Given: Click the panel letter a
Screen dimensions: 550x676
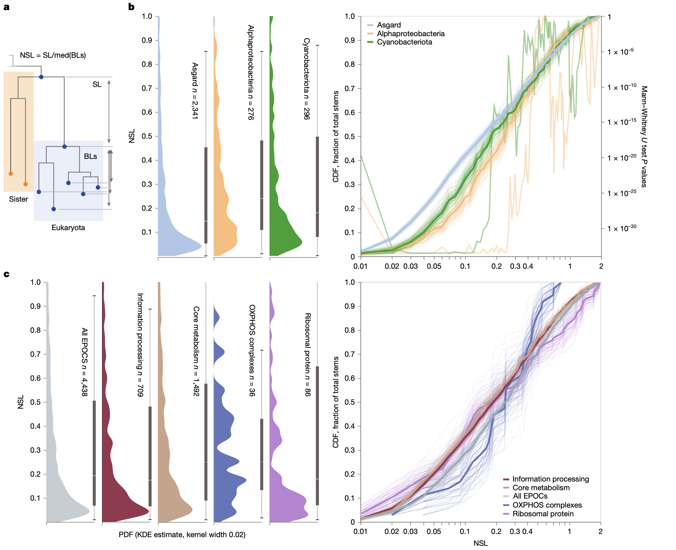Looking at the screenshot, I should pyautogui.click(x=6, y=7).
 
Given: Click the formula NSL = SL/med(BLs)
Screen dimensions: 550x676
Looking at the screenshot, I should pyautogui.click(x=53, y=55).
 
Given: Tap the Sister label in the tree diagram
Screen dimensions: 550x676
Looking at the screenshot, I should pyautogui.click(x=18, y=199).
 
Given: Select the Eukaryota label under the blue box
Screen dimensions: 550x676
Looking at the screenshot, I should pyautogui.click(x=68, y=228).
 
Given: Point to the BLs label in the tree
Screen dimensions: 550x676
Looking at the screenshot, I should pyautogui.click(x=90, y=156).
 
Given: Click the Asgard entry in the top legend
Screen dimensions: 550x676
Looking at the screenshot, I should pyautogui.click(x=389, y=25).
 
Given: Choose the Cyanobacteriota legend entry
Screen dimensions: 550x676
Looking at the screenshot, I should pyautogui.click(x=404, y=42).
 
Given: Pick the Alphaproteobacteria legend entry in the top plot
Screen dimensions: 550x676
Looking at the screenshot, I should pyautogui.click(x=411, y=34).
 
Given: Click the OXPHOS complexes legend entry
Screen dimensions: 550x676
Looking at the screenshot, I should pyautogui.click(x=547, y=505).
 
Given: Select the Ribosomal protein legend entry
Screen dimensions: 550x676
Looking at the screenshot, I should pyautogui.click(x=543, y=514).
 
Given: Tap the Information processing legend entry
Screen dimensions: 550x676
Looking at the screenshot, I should pyautogui.click(x=550, y=479).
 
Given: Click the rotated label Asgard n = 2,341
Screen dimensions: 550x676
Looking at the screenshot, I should pyautogui.click(x=195, y=91).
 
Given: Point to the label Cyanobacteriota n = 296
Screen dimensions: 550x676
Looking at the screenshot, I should pyautogui.click(x=306, y=79).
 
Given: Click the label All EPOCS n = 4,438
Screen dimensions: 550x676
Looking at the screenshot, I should pyautogui.click(x=84, y=362).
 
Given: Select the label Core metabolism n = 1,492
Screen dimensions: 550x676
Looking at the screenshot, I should pyautogui.click(x=196, y=351).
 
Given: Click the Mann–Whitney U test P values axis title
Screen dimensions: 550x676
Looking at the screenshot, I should pyautogui.click(x=644, y=137).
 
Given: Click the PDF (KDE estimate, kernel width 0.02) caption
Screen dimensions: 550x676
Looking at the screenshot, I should pyautogui.click(x=182, y=535).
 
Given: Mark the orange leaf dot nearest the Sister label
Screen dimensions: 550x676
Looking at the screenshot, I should pyautogui.click(x=25, y=184).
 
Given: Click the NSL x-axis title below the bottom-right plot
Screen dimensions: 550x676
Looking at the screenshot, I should pyautogui.click(x=481, y=543).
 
